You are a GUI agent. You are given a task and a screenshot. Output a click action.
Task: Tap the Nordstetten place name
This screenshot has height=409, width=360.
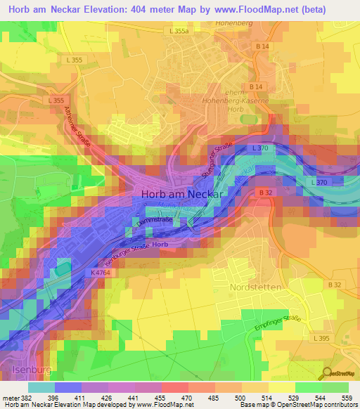coord(256,288)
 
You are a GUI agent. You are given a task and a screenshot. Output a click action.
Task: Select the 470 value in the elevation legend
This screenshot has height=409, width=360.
coord(188,397)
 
